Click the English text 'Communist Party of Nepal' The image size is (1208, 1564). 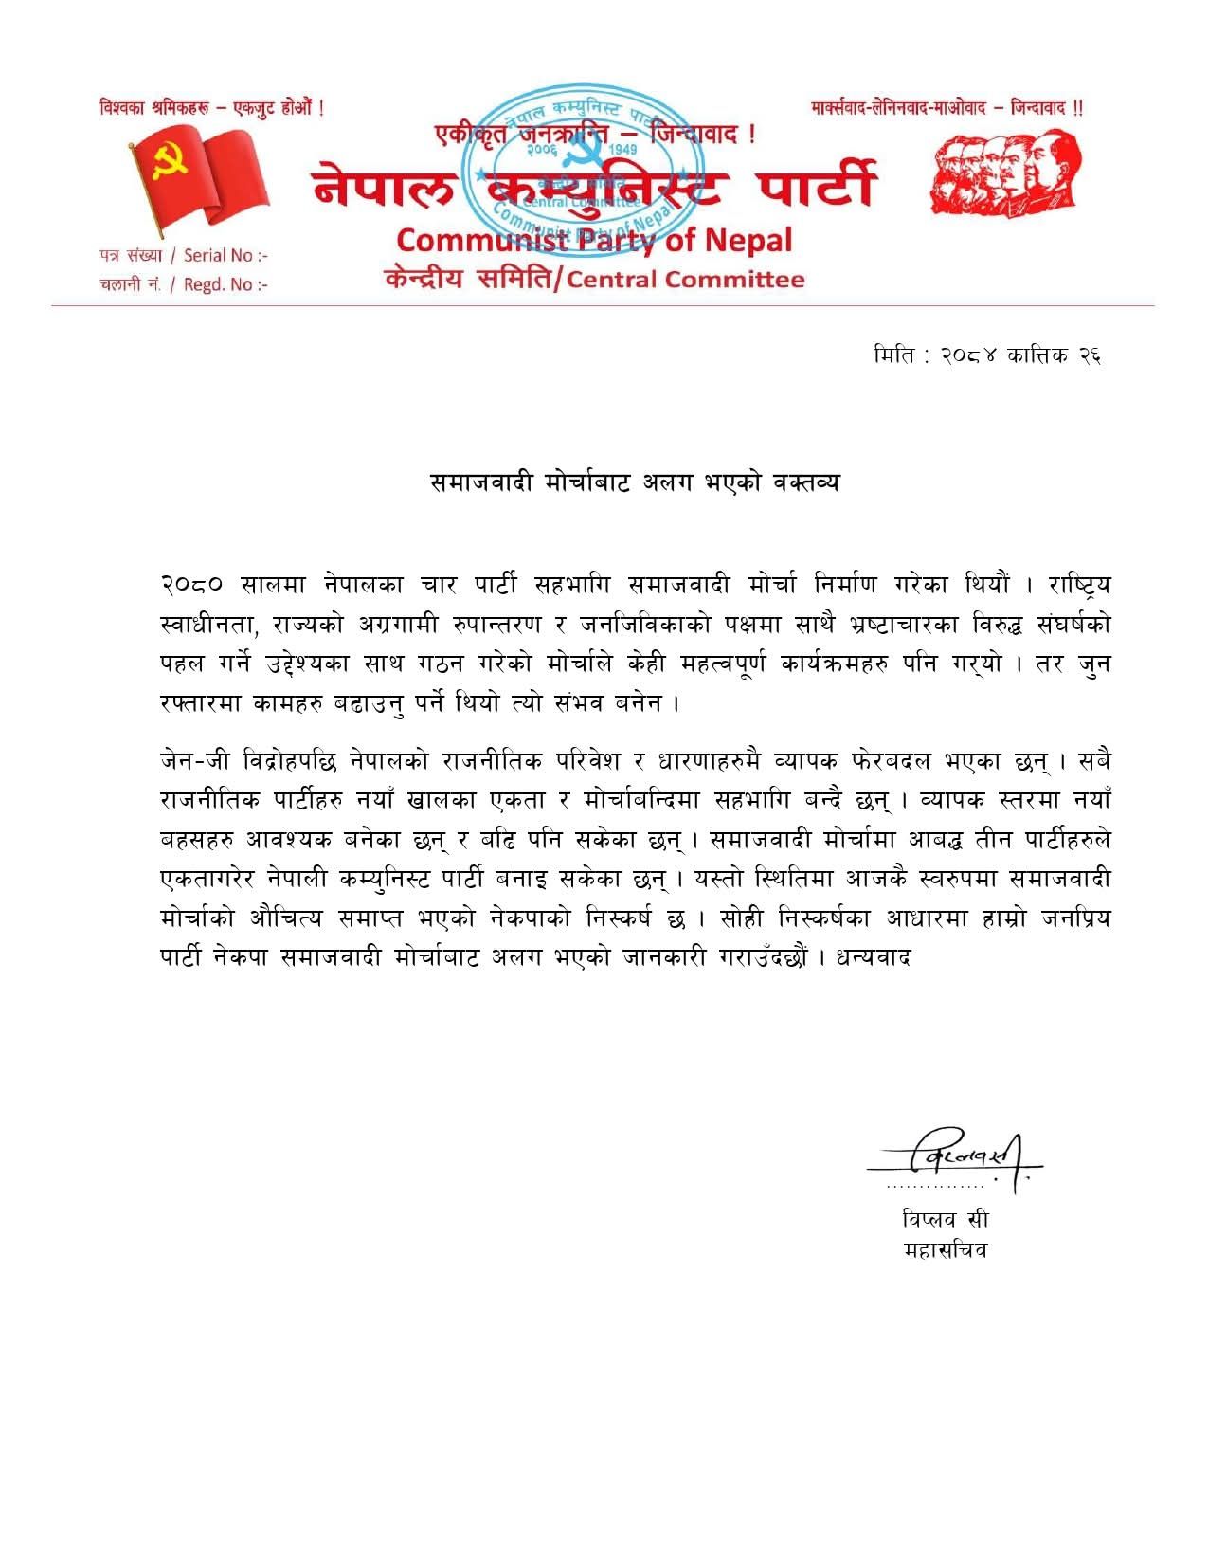[x=594, y=241]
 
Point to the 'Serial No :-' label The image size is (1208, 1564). [x=225, y=255]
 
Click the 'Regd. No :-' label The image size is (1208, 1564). [x=225, y=284]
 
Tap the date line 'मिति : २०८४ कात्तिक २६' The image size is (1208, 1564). [x=986, y=355]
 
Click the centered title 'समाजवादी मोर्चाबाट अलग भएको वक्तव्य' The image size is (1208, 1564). [x=635, y=482]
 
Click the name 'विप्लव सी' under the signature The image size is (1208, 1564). [x=945, y=1219]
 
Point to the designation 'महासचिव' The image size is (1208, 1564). [x=945, y=1250]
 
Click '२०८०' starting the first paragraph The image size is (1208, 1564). [x=192, y=585]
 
